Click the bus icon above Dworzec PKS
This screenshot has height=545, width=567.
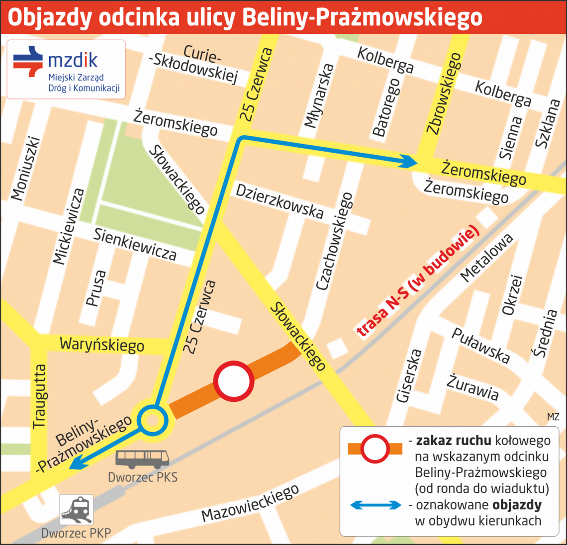tap(142, 459)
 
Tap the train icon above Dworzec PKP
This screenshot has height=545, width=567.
tap(77, 510)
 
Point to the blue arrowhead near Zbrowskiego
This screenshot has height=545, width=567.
tap(409, 161)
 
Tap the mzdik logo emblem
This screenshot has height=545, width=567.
tap(28, 61)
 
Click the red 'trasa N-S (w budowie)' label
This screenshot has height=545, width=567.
tap(418, 282)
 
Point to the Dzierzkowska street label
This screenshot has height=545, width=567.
tap(280, 201)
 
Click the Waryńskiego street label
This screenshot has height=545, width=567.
tap(101, 344)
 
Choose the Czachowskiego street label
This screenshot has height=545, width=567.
tap(335, 241)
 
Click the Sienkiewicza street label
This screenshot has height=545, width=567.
tap(135, 244)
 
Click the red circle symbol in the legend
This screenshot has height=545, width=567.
tap(375, 449)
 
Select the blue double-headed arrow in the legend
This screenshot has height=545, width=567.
tap(376, 505)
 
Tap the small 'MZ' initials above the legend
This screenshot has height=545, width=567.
tap(553, 417)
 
